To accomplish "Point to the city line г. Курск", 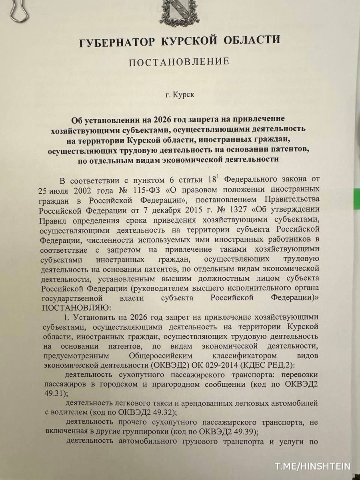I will (180, 95).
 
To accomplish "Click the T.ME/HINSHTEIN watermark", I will (312, 466).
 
